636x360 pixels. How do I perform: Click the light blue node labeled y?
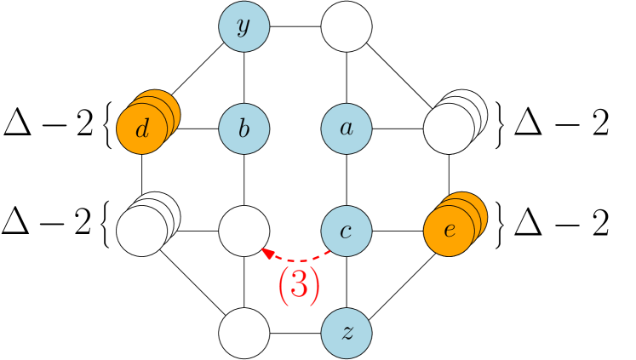pyautogui.click(x=244, y=26)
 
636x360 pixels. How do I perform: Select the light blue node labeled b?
pyautogui.click(x=244, y=129)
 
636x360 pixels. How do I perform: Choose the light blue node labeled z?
pyautogui.click(x=347, y=333)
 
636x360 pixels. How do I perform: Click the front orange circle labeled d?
pyautogui.click(x=141, y=129)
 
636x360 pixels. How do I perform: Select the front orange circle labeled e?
pyautogui.click(x=449, y=231)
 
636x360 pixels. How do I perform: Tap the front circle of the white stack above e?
pyautogui.click(x=449, y=129)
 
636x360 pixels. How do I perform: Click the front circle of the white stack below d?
pyautogui.click(x=141, y=231)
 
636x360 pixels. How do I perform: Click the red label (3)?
pyautogui.click(x=299, y=286)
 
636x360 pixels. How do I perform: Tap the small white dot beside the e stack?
pyautogui.click(x=486, y=202)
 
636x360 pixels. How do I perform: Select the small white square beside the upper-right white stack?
pyautogui.click(x=486, y=100)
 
